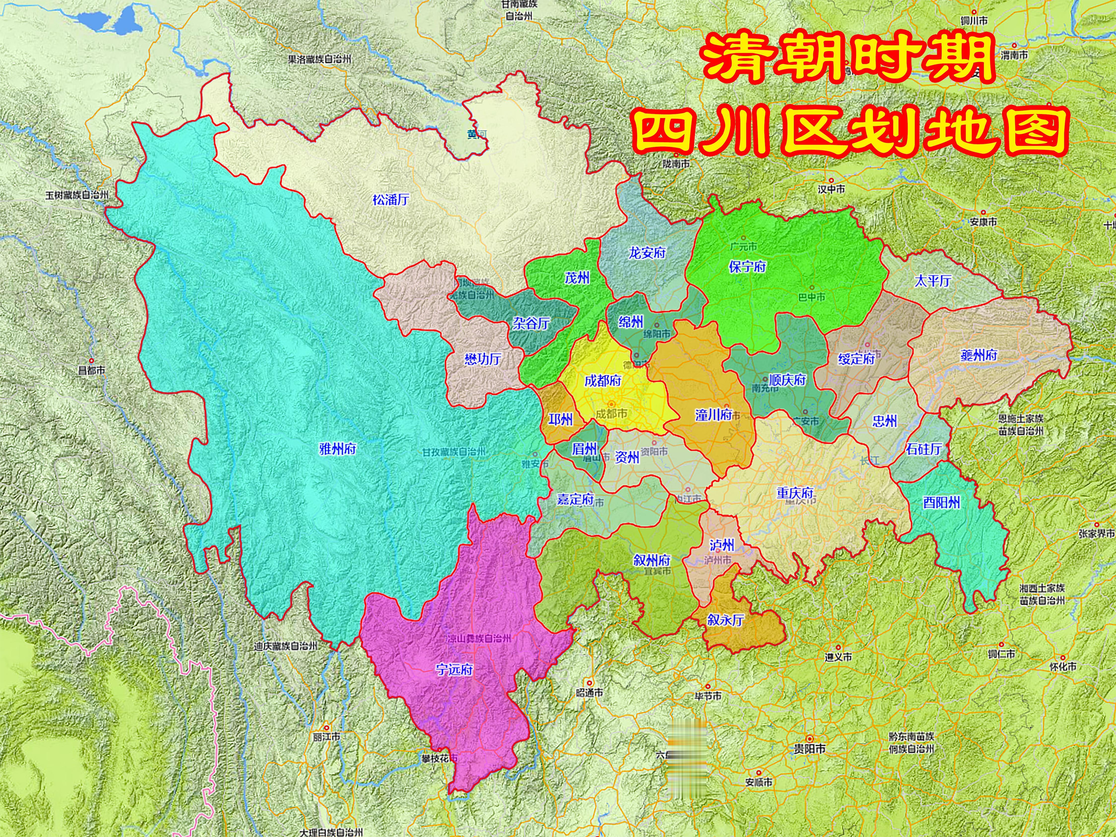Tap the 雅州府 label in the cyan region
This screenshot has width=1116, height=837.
pos(338,449)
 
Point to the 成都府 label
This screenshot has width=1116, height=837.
pos(602,380)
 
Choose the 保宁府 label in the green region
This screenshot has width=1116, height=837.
pos(747,266)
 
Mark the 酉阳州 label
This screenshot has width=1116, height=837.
pos(941,502)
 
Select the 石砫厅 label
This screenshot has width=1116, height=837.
pos(923,449)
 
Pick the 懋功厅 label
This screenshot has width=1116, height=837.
pos(482,359)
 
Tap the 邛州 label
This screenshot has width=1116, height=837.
pos(560,419)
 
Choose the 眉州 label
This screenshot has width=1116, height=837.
pos(584,449)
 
